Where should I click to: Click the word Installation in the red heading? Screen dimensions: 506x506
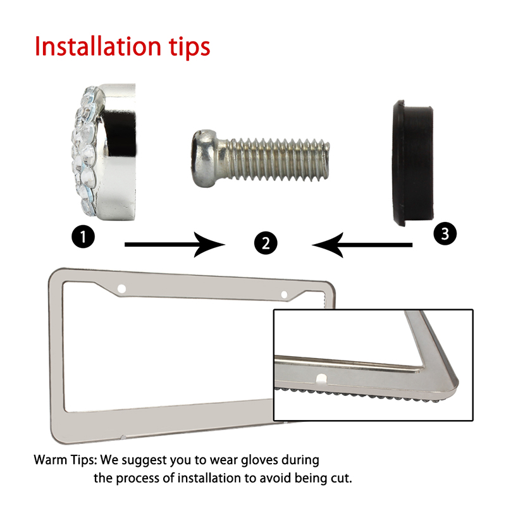[x=98, y=46]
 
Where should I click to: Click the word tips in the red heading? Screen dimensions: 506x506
[x=189, y=48]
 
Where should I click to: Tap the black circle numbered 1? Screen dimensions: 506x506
[x=83, y=237]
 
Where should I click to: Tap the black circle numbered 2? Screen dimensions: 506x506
[x=266, y=243]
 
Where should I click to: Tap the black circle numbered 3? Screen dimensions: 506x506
[x=445, y=233]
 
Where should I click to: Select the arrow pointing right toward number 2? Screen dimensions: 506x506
[x=175, y=245]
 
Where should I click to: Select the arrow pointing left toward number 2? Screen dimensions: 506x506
[x=362, y=245]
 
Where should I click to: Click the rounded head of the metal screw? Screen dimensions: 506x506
[x=204, y=158]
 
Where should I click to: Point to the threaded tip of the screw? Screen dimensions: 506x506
[x=326, y=159]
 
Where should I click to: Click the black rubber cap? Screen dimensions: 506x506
[x=413, y=163]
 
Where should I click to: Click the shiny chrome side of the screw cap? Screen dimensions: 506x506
[x=118, y=152]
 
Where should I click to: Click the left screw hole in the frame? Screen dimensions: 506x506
[x=121, y=289]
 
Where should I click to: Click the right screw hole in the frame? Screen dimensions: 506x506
[x=284, y=294]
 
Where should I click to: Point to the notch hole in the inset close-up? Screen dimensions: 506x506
[x=321, y=379]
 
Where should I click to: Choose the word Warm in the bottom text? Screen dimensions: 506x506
[x=50, y=460]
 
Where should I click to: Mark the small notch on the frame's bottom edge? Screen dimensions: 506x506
[x=123, y=437]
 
